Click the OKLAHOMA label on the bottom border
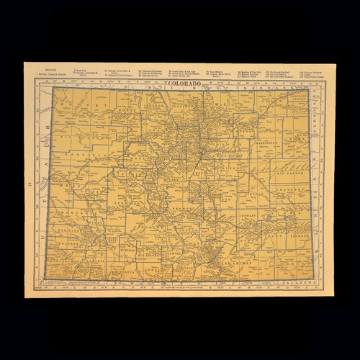(x=300, y=283)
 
